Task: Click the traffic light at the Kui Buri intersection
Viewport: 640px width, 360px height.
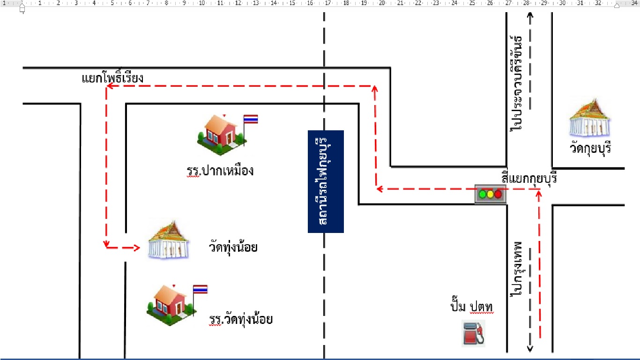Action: click(x=490, y=194)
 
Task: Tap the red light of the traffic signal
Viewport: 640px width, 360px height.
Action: click(x=498, y=195)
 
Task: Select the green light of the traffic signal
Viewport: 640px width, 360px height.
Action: click(x=482, y=195)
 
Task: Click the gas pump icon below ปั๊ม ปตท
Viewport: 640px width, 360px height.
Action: click(x=473, y=333)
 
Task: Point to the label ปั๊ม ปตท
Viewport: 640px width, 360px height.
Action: click(x=472, y=307)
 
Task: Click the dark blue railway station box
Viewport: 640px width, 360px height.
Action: click(x=326, y=181)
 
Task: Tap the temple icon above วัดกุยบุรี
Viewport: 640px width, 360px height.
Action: click(x=590, y=118)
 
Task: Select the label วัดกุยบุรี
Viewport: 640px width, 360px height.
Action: click(x=590, y=149)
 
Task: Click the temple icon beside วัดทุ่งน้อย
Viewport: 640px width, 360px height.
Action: click(x=168, y=240)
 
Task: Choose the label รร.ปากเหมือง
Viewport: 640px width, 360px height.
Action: click(x=220, y=171)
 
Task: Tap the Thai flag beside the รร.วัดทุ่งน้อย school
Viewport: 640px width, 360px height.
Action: click(x=200, y=289)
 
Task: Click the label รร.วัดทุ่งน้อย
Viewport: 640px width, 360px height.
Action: click(x=241, y=319)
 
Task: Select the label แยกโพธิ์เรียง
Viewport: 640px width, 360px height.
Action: click(x=112, y=78)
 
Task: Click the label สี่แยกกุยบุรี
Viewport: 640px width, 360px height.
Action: click(x=529, y=178)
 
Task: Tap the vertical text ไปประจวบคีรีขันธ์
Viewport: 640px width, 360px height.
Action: click(x=516, y=83)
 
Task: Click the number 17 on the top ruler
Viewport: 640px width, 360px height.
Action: click(x=327, y=3)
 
